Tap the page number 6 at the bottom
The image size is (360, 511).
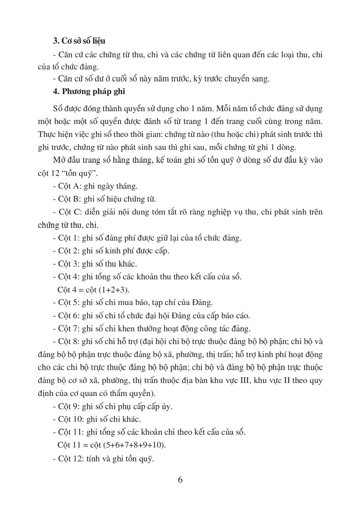coord(180,480)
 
